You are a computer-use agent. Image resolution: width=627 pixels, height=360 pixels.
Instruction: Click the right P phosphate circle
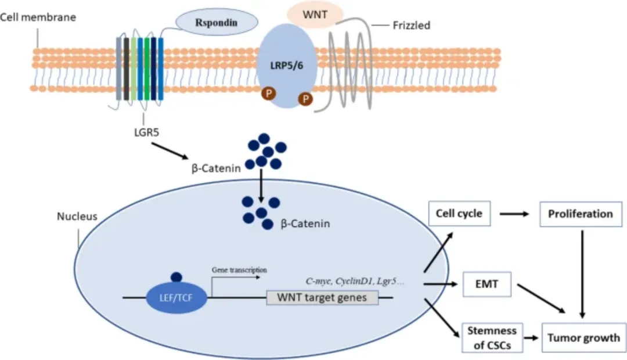(x=305, y=99)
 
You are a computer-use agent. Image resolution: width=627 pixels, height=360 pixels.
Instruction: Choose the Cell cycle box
(x=459, y=214)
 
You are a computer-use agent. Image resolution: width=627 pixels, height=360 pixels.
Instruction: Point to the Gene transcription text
(x=239, y=270)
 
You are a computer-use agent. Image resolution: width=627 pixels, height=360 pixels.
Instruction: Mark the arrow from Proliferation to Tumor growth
(x=583, y=273)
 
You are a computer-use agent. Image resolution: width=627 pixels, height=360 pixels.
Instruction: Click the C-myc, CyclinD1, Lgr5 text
(x=355, y=282)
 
